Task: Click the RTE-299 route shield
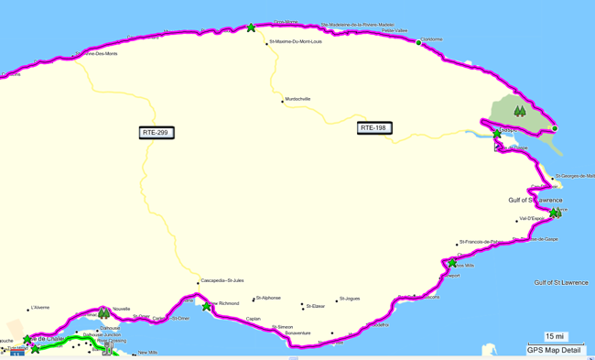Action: (x=157, y=133)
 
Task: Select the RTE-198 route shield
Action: (x=373, y=128)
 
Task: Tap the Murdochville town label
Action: (x=298, y=99)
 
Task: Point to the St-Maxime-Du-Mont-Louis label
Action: (x=297, y=42)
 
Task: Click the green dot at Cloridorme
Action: (x=419, y=42)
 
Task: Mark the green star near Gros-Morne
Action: (x=251, y=27)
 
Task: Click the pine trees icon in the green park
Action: (x=520, y=112)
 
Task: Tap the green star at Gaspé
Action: (x=497, y=134)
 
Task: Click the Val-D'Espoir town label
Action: (x=532, y=219)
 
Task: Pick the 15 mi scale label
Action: (x=555, y=336)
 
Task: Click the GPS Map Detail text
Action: (x=554, y=350)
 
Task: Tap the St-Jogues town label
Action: (x=350, y=299)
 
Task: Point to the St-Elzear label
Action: (x=317, y=306)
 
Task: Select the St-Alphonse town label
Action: (x=268, y=298)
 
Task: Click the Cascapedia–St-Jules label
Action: (x=222, y=280)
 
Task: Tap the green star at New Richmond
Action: (x=207, y=307)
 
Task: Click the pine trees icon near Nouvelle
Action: (x=103, y=314)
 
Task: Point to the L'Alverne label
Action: (x=40, y=308)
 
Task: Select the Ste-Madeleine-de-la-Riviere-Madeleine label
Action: (x=357, y=25)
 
